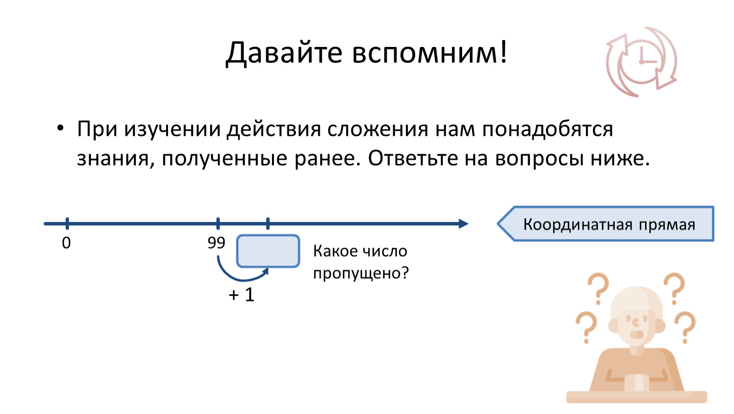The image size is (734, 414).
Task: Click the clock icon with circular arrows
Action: click(x=641, y=62)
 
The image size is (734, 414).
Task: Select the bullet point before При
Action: click(x=60, y=128)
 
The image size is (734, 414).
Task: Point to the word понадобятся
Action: click(x=547, y=129)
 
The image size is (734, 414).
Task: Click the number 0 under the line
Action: click(x=66, y=243)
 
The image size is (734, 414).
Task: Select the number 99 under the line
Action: click(x=216, y=243)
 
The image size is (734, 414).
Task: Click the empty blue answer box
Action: click(x=268, y=251)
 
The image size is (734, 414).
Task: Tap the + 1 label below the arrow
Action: click(x=241, y=295)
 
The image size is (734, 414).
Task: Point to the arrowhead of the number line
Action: click(x=463, y=224)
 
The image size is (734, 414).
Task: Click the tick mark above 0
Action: click(x=67, y=223)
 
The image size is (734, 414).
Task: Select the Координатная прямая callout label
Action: click(x=608, y=224)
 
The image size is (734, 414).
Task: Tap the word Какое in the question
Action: click(x=335, y=251)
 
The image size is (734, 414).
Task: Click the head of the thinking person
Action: click(x=637, y=314)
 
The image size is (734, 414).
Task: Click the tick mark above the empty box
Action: click(x=268, y=223)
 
